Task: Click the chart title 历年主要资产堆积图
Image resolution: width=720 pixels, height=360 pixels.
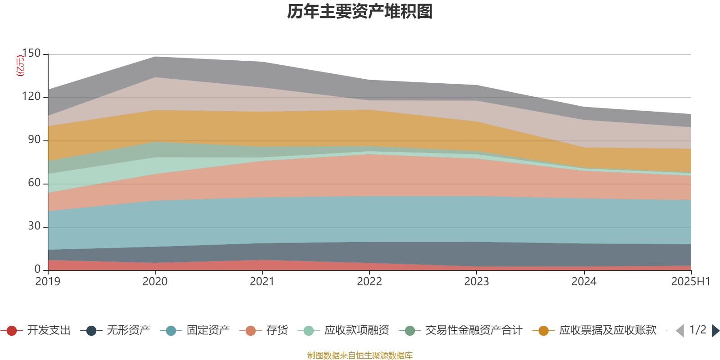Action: pos(360,12)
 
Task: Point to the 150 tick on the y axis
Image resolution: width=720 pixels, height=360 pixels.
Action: pos(31,54)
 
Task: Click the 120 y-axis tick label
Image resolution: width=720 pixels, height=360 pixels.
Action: pos(31,97)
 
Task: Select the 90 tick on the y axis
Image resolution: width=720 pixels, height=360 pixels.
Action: pos(34,140)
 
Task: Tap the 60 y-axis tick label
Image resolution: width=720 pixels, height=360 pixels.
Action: pos(34,183)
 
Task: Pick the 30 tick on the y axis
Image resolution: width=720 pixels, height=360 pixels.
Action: pos(34,226)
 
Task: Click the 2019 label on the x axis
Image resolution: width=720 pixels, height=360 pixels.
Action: pos(48,282)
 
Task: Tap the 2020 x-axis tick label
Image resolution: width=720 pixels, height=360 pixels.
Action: pos(155,282)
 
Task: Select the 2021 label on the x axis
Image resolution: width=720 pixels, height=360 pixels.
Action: pos(262,282)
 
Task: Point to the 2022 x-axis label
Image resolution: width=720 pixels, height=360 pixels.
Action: pos(369,282)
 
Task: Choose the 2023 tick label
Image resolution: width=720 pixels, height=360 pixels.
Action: pos(477,282)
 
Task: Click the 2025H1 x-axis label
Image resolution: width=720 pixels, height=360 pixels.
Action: pos(690,282)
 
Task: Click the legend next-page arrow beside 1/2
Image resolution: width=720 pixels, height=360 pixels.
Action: pos(715,331)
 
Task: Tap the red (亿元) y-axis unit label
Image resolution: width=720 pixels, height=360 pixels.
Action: pos(20,66)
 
